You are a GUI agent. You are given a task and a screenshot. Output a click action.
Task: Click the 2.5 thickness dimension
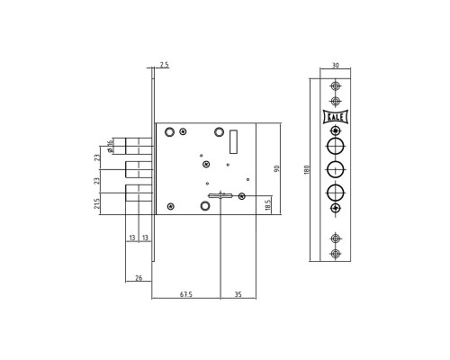[164, 65]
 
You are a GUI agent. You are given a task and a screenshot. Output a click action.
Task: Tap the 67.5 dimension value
[186, 294]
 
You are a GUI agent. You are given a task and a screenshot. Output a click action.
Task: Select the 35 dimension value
[238, 294]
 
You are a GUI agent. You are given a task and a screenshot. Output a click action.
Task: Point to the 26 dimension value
[139, 278]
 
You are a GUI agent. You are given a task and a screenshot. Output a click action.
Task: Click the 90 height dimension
[276, 168]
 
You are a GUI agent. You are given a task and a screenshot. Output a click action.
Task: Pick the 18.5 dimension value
[268, 204]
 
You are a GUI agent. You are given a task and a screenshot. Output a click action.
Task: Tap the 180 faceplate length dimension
[307, 170]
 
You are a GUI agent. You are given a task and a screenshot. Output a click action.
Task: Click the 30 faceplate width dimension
[336, 65]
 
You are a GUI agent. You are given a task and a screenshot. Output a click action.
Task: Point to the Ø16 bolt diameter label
[110, 146]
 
